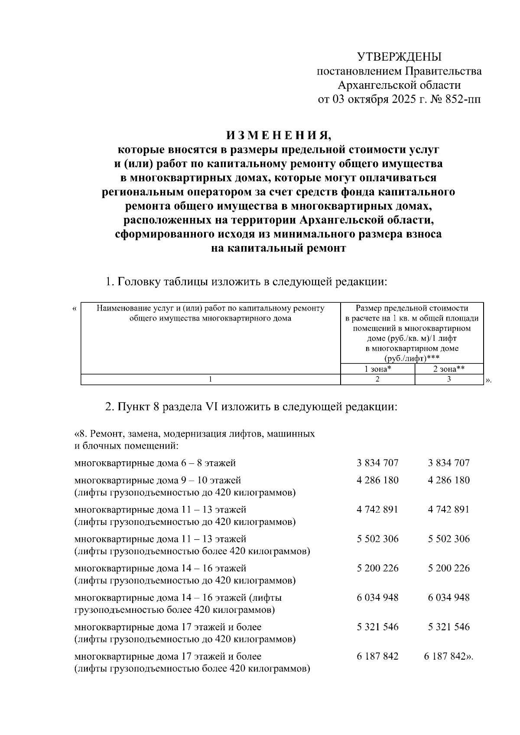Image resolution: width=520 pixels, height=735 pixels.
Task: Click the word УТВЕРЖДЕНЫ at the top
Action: point(399,57)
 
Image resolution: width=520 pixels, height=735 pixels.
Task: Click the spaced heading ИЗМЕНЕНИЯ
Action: point(278,136)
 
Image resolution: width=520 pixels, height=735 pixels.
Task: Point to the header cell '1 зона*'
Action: point(377,369)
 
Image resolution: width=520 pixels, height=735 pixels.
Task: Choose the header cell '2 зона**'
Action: point(449,369)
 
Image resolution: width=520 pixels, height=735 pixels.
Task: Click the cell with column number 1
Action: point(211,379)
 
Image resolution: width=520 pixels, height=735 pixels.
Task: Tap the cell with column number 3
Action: point(449,379)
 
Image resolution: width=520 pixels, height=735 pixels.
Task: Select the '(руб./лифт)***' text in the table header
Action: point(412,359)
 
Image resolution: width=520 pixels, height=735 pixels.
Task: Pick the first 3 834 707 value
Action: point(377,463)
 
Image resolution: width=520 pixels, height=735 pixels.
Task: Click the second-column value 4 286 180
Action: point(448,480)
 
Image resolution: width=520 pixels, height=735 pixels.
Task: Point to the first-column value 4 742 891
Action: point(377,510)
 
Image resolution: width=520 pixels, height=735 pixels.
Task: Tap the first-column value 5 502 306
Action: point(377,539)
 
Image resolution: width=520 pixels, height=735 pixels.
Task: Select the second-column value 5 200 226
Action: point(448,568)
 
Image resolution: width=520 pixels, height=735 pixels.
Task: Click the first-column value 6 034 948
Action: point(377,598)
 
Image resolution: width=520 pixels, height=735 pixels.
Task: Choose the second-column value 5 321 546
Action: point(448,627)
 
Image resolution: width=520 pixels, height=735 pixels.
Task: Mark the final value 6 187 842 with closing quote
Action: point(448,657)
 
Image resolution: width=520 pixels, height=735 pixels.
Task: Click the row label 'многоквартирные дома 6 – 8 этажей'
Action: point(155,463)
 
